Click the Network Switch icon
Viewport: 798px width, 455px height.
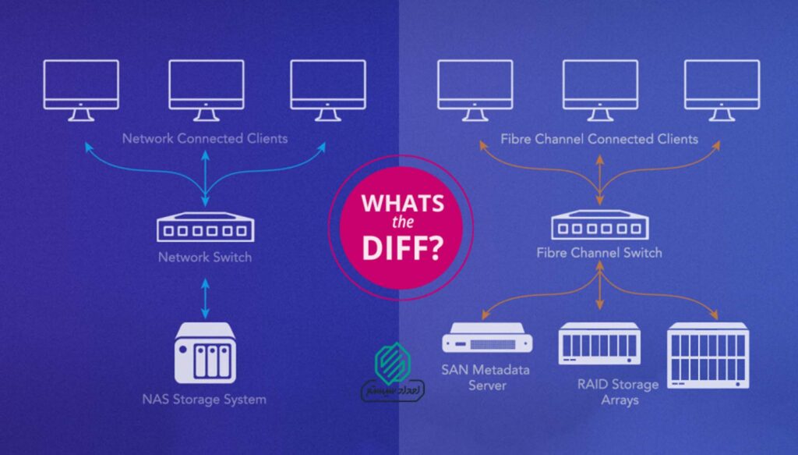(x=204, y=228)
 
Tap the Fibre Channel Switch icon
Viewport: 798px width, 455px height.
(x=598, y=227)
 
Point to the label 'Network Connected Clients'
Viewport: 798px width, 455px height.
(x=204, y=138)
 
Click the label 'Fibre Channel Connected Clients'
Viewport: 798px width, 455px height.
(x=598, y=140)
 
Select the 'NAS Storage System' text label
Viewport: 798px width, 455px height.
(x=204, y=400)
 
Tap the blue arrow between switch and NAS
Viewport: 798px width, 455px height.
(x=205, y=293)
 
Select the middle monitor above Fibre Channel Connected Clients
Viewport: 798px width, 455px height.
(x=598, y=89)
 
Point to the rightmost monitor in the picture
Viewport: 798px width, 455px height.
(x=721, y=89)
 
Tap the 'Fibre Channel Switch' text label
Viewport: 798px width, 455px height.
(x=598, y=253)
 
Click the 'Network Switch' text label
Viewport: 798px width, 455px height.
(x=204, y=255)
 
